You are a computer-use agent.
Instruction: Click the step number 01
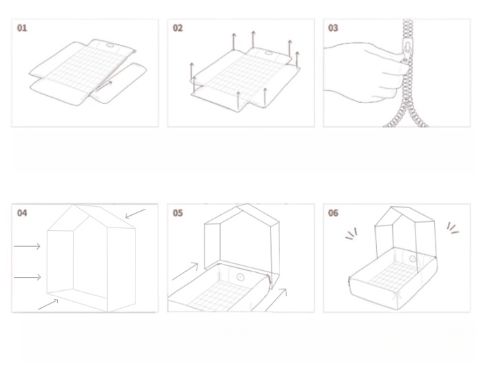click(22, 28)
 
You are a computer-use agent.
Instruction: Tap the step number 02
click(178, 28)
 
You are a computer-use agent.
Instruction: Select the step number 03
click(334, 28)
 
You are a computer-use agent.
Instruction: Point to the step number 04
click(22, 213)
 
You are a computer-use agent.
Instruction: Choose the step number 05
click(178, 213)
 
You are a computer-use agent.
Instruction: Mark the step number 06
click(334, 213)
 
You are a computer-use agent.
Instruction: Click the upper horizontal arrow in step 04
click(28, 245)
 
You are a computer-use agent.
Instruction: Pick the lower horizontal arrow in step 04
click(28, 277)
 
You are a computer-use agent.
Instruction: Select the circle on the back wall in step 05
click(240, 278)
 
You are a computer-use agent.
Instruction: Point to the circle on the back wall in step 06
click(413, 259)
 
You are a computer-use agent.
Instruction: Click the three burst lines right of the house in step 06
click(452, 228)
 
